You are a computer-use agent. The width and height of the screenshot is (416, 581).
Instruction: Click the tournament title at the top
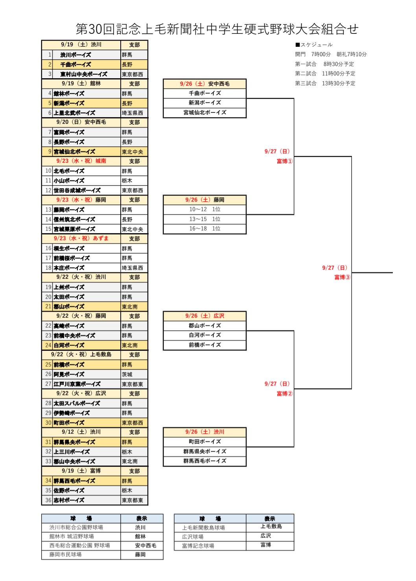(x=217, y=29)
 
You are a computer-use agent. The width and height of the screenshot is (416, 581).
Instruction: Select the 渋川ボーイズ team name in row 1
(x=75, y=55)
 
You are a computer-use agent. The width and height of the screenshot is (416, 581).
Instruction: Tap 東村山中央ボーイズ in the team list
(x=84, y=74)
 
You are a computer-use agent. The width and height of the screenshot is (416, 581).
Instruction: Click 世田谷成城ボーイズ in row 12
(x=77, y=190)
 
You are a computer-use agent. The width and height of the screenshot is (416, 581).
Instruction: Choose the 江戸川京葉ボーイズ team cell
(x=77, y=384)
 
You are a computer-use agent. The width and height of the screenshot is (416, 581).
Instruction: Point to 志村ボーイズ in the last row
(x=69, y=500)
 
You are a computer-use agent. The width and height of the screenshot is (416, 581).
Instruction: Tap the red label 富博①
(x=285, y=161)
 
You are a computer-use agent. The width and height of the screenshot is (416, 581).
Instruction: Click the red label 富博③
(x=342, y=277)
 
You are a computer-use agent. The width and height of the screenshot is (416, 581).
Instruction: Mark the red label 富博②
(x=285, y=394)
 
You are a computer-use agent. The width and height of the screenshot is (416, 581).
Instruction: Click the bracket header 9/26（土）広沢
(x=205, y=316)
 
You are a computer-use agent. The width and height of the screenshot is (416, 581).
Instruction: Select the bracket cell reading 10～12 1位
(x=205, y=209)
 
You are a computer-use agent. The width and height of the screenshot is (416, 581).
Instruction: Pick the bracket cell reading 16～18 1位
(x=205, y=229)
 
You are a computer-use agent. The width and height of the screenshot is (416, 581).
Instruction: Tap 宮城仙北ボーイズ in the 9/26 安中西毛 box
(x=205, y=113)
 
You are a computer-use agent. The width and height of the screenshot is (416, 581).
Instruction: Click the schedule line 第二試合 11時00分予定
(x=325, y=74)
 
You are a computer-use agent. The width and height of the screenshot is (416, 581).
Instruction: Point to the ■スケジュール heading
(x=314, y=44)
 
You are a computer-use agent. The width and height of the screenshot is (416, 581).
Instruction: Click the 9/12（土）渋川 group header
(x=81, y=432)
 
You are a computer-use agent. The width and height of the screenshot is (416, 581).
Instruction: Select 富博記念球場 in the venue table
(x=198, y=546)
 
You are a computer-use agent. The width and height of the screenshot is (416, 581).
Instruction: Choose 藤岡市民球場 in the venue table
(x=65, y=555)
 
